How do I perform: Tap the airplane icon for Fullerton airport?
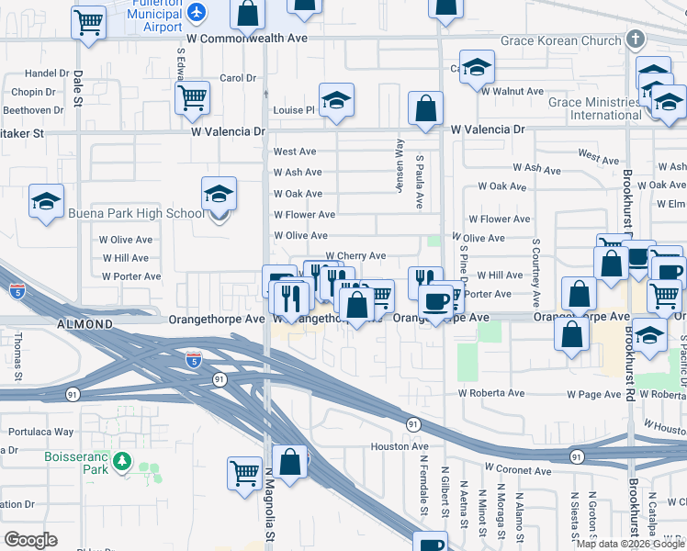pos(195,13)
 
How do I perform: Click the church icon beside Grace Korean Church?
pos(635,39)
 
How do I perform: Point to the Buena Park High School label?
pos(136,214)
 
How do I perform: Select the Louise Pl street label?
pos(294,110)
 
